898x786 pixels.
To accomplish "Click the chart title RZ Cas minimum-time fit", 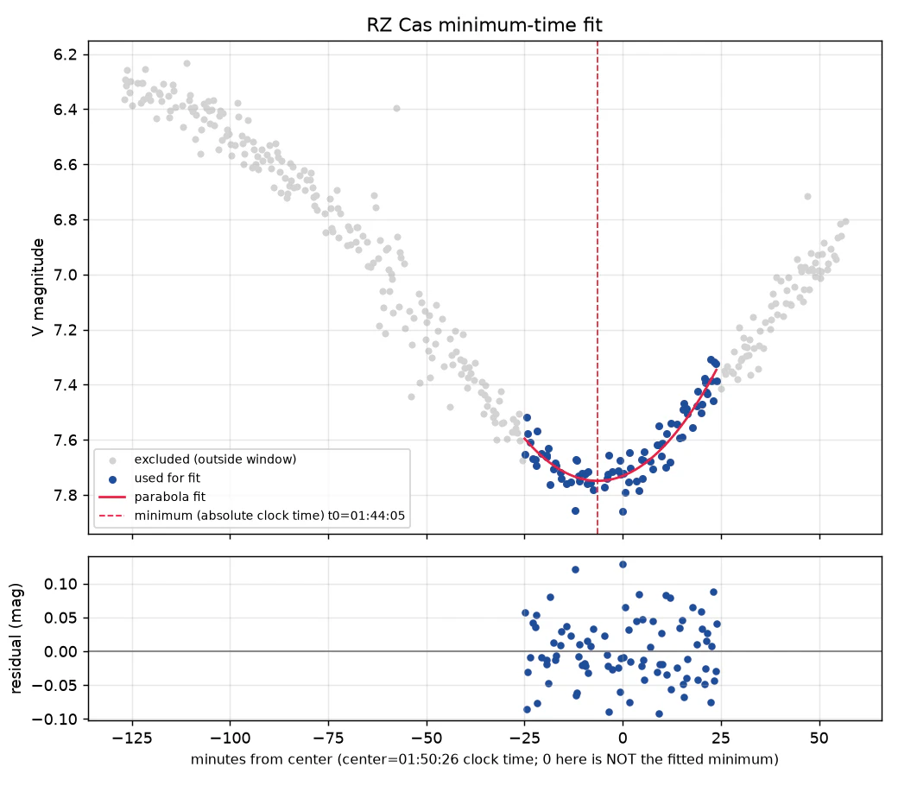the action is point(484,25).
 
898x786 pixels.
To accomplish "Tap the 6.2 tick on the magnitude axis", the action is point(65,55).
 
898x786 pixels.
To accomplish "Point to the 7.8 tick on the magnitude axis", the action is point(65,495).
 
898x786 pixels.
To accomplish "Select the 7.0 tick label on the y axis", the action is point(65,275).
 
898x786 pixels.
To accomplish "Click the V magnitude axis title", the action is point(38,287).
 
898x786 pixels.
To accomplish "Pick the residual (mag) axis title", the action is point(16,638).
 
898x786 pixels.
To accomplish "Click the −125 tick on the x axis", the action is point(132,738).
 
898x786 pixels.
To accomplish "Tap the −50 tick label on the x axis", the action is point(427,738).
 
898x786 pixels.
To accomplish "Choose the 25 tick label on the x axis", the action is point(721,738).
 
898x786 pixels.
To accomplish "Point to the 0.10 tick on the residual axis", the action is point(60,585).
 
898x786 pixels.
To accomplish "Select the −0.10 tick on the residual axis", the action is point(54,719).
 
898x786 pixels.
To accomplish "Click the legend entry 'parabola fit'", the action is point(169,497).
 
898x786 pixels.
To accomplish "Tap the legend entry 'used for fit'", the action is point(168,478).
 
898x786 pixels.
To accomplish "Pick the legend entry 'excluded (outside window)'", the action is point(215,459).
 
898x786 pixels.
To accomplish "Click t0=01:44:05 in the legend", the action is point(366,516).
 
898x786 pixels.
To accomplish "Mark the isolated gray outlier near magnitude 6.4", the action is point(396,108).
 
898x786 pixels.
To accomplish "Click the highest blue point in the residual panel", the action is point(623,564).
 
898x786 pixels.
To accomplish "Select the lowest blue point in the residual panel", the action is point(659,713).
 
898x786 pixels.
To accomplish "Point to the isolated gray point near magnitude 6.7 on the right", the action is point(807,197).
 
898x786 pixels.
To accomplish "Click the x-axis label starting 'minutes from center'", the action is point(484,759).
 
